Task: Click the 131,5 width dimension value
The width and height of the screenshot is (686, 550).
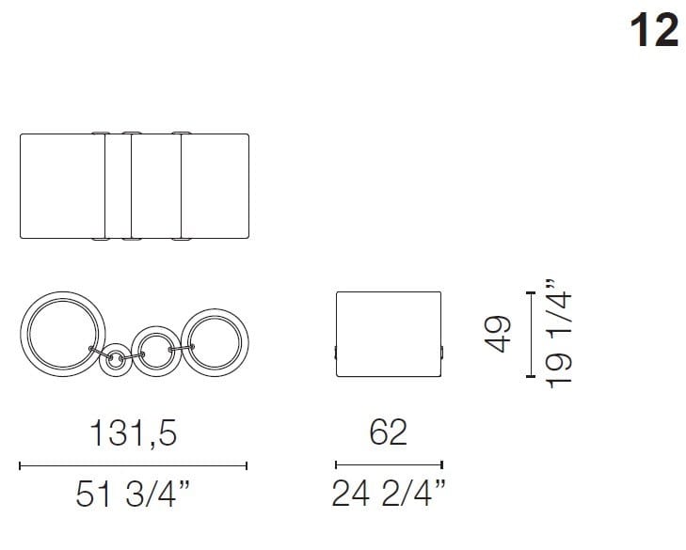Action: [x=133, y=432]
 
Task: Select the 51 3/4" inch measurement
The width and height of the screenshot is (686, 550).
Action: [x=133, y=495]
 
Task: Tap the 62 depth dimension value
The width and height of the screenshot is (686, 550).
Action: [x=389, y=432]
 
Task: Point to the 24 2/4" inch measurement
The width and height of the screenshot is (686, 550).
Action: [x=389, y=495]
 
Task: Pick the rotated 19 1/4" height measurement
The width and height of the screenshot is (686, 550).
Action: [x=561, y=330]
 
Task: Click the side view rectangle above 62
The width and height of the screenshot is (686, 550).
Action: [x=389, y=334]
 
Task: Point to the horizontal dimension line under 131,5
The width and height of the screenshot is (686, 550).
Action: [x=133, y=464]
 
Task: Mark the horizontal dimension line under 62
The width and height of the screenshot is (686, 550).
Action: [x=389, y=464]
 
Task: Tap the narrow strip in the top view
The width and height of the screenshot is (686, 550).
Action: [x=119, y=186]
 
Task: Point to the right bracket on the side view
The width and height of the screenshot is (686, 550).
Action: [x=443, y=353]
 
